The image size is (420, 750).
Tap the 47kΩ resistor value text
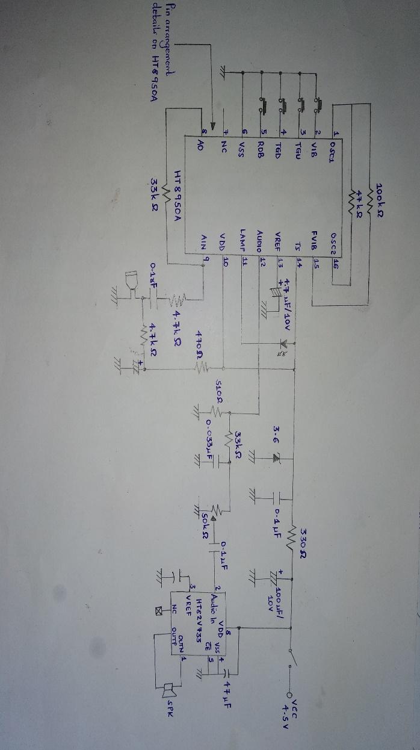(x=360, y=199)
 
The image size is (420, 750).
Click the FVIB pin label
(x=315, y=243)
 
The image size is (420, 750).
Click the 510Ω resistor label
(x=220, y=392)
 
